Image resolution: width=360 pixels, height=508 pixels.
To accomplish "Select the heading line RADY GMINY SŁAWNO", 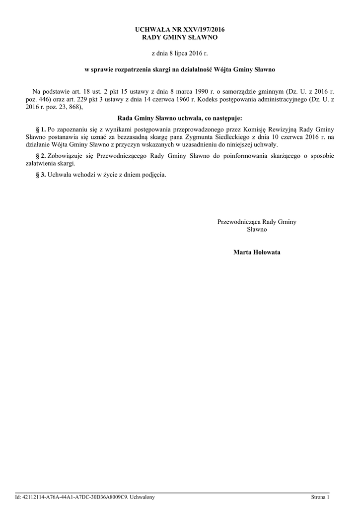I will (180, 37).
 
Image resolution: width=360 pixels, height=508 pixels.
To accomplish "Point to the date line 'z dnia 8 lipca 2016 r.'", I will (180, 53).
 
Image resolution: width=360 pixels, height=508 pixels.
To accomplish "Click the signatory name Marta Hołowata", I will (257, 252).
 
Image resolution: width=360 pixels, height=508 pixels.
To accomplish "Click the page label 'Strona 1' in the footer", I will (320, 497).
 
